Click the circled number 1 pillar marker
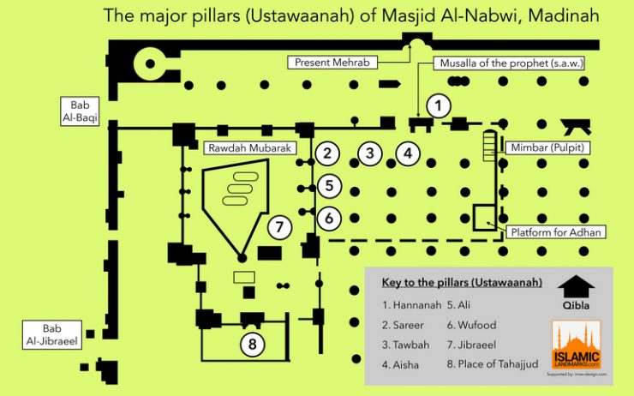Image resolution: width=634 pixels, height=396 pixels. tap(438, 106)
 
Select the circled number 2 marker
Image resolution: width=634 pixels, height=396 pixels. tap(326, 154)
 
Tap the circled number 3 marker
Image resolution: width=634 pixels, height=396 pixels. tap(369, 154)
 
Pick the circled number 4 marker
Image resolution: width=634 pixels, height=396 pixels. tap(409, 154)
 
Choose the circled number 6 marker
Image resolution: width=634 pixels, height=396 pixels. tap(329, 218)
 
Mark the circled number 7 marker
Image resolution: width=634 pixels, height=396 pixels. tap(279, 227)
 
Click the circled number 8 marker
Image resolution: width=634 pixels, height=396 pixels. tap(251, 344)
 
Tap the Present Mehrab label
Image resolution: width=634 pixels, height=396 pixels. tap(330, 63)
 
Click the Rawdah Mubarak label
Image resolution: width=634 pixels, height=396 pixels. tap(249, 147)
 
